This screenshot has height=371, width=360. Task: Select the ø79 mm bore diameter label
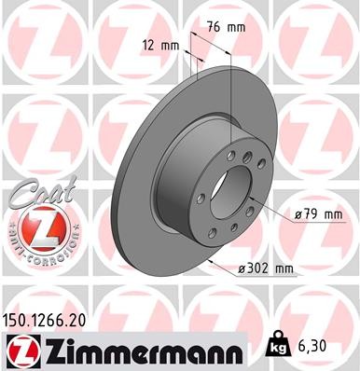319,214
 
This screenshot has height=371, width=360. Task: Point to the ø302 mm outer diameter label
267,269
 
